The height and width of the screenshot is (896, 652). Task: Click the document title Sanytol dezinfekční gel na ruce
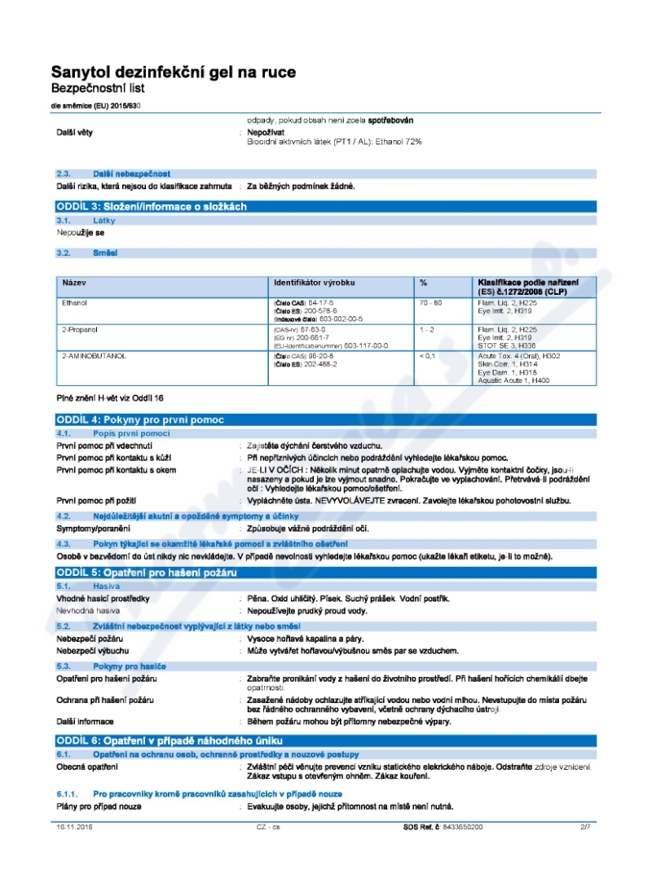pyautogui.click(x=174, y=72)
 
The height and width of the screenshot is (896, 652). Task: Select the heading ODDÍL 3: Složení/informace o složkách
pyautogui.click(x=151, y=207)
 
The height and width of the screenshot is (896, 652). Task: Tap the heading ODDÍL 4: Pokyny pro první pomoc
pyautogui.click(x=139, y=419)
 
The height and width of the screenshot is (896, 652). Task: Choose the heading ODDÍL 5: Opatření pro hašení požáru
pyautogui.click(x=147, y=573)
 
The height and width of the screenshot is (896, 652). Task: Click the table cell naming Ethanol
pyautogui.click(x=75, y=302)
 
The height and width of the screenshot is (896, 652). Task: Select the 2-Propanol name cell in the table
pyautogui.click(x=78, y=329)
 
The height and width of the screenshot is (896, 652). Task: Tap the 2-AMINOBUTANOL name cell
pyautogui.click(x=94, y=356)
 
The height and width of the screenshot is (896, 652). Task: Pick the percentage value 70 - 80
pyautogui.click(x=430, y=302)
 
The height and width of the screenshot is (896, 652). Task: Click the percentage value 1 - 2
pyautogui.click(x=426, y=329)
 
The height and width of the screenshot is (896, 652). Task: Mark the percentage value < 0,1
pyautogui.click(x=427, y=356)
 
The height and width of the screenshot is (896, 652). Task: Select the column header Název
pyautogui.click(x=74, y=283)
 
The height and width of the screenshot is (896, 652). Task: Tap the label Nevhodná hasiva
pyautogui.click(x=88, y=610)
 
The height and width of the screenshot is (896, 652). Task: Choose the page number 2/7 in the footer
pyautogui.click(x=584, y=827)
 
